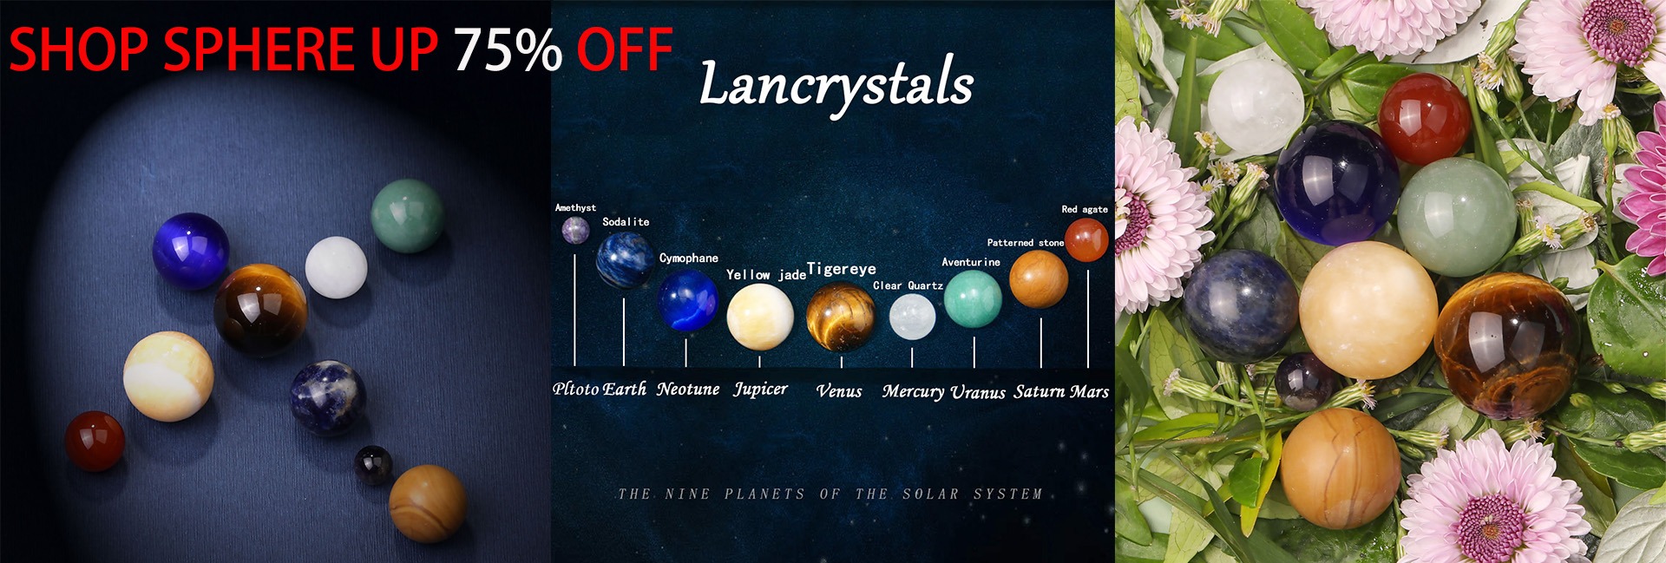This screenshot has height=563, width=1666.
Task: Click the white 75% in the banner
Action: click(508, 49)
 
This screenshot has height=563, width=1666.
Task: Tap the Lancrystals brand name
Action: click(836, 84)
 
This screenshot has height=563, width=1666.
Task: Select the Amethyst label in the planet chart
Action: click(575, 208)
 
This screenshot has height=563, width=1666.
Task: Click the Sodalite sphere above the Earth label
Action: click(625, 259)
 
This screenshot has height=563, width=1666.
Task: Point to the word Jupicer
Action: click(760, 390)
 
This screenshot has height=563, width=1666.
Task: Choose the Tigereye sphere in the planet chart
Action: click(840, 317)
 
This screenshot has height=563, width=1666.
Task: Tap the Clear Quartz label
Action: click(908, 285)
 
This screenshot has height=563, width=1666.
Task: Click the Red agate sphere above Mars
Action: click(1086, 239)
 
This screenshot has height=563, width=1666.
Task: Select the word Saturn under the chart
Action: click(1040, 392)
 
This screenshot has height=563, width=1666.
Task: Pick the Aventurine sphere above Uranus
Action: click(973, 299)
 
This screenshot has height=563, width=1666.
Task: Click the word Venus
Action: click(839, 391)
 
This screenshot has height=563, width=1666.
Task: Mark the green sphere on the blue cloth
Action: click(407, 216)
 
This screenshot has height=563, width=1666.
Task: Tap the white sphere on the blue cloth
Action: click(336, 267)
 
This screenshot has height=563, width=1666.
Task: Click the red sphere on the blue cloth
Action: click(95, 441)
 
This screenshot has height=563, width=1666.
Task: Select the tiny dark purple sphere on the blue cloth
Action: click(373, 464)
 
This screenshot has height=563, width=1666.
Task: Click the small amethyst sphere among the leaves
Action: click(1305, 381)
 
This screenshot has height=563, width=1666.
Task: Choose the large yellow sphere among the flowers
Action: click(1368, 310)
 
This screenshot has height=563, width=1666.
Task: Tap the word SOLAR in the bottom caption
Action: click(930, 494)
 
